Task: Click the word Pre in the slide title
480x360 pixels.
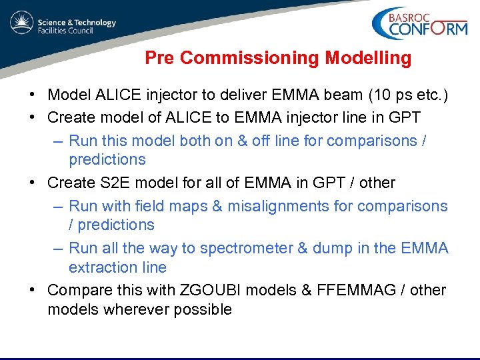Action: pyautogui.click(x=160, y=59)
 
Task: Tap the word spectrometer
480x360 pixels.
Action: pyautogui.click(x=245, y=249)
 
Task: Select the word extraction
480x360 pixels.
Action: pyautogui.click(x=100, y=267)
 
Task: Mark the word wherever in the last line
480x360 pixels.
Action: pyautogui.click(x=131, y=309)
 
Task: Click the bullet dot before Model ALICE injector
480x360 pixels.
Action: pyautogui.click(x=33, y=96)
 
